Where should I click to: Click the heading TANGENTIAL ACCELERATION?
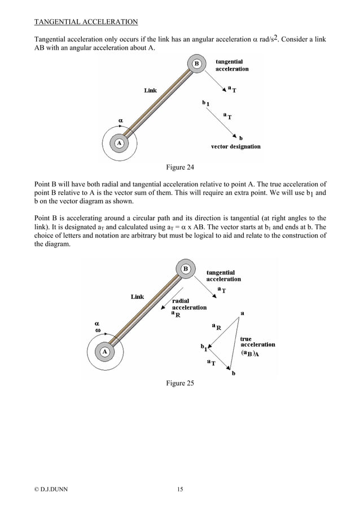[x=86, y=23]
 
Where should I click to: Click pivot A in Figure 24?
[x=119, y=143]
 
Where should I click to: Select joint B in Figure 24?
[x=196, y=64]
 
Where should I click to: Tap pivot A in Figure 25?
[x=104, y=351]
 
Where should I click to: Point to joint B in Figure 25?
[x=186, y=269]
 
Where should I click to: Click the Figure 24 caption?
[x=179, y=167]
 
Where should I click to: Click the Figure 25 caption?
[x=179, y=383]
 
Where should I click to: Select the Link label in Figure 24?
[x=150, y=90]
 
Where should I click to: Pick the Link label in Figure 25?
[x=137, y=297]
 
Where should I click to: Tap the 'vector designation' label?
[x=235, y=147]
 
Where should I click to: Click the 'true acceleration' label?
[x=257, y=342]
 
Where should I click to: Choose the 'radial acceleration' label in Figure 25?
[x=188, y=304]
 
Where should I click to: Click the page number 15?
[x=179, y=489]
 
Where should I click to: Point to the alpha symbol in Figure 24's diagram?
[x=120, y=120]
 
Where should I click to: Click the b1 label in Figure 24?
[x=206, y=103]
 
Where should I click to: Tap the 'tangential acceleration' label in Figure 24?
[x=231, y=65]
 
